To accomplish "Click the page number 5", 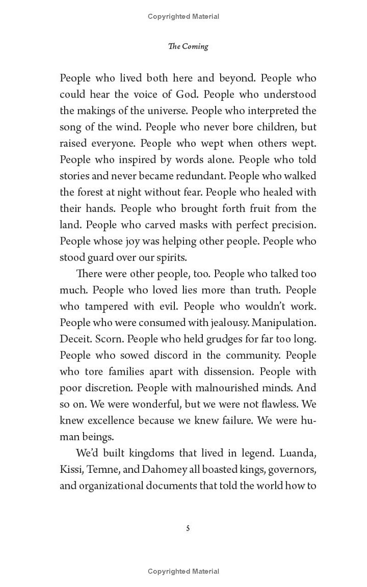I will (x=188, y=528).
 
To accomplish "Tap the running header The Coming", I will (x=188, y=46).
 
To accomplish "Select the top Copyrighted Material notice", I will (x=183, y=17).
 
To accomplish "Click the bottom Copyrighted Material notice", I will (x=183, y=571).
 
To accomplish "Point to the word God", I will (x=187, y=94).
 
